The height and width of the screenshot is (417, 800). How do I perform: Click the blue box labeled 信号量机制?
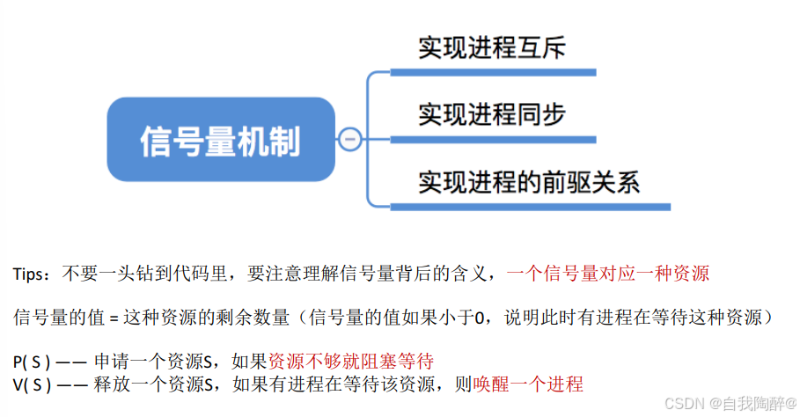pos(220,139)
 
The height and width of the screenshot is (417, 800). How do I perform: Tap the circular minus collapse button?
pos(349,139)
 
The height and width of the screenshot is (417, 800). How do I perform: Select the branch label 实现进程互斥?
pos(491,48)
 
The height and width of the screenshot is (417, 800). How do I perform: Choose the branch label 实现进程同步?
pos(491,114)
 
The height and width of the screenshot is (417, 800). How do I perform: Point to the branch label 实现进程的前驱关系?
pos(528,182)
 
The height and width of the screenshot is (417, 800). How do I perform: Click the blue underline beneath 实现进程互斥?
pos(493,72)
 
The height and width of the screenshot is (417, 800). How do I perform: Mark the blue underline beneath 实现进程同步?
pos(493,139)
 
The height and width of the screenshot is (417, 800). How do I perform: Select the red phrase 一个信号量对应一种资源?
pos(608,274)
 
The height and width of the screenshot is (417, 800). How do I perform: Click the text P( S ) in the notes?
pos(32,362)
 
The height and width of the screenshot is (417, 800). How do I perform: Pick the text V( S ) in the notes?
pos(32,384)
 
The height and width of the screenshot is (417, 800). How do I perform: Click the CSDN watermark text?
pos(684,403)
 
